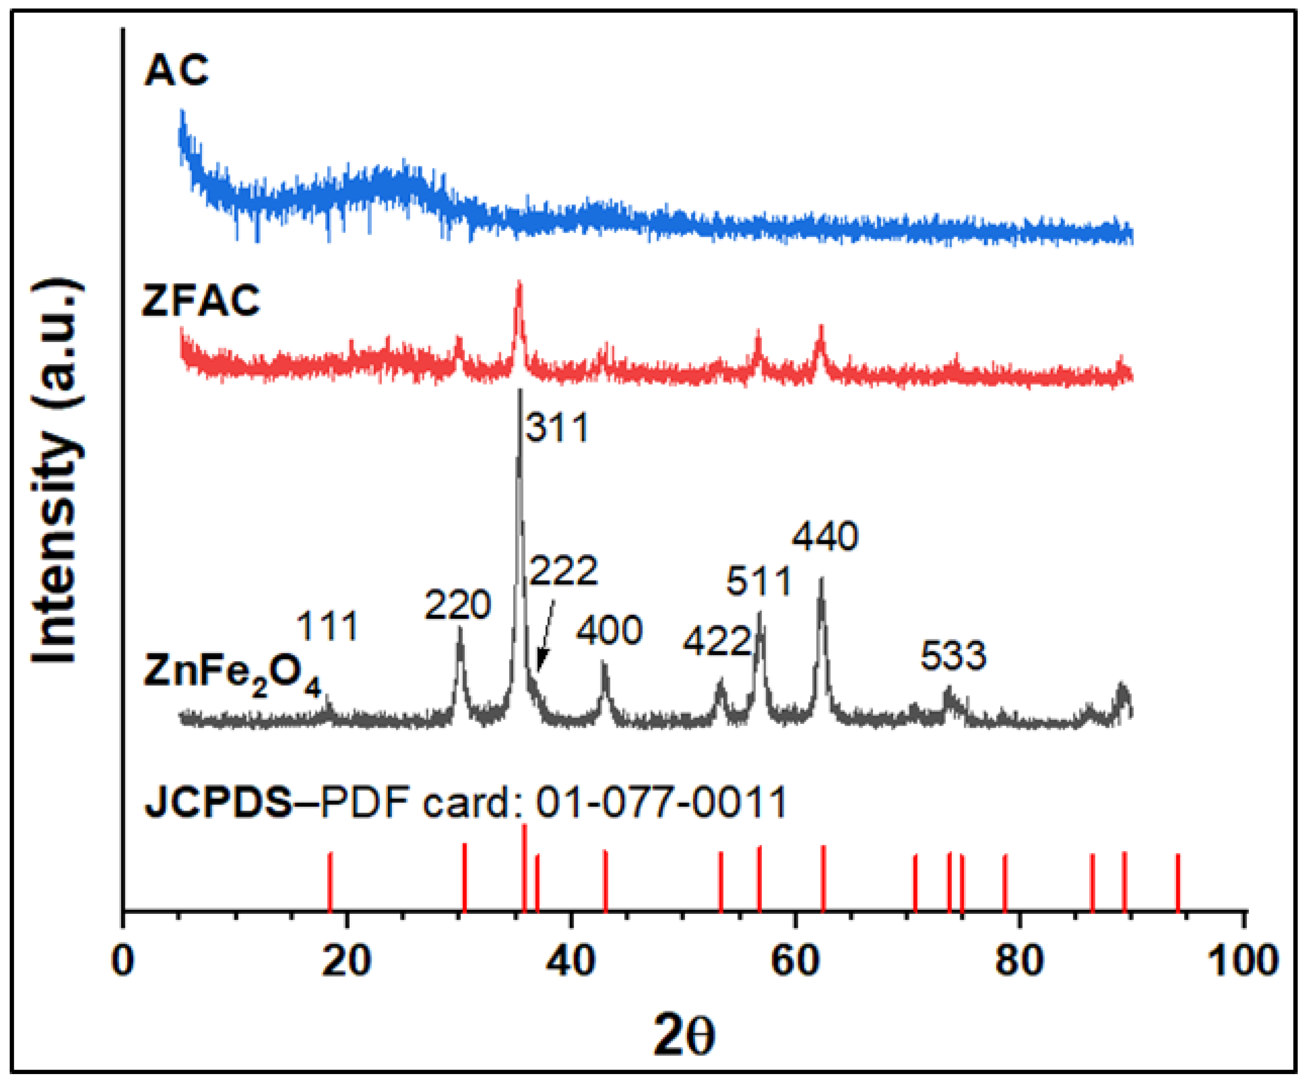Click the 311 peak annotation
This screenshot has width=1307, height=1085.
click(557, 428)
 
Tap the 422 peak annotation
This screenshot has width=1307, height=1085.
click(717, 641)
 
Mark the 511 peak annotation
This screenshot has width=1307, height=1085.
click(759, 582)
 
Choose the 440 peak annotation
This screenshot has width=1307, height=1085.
click(825, 536)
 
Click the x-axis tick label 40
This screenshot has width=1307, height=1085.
click(571, 960)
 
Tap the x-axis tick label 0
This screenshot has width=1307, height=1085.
click(123, 960)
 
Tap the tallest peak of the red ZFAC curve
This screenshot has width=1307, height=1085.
click(519, 285)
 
